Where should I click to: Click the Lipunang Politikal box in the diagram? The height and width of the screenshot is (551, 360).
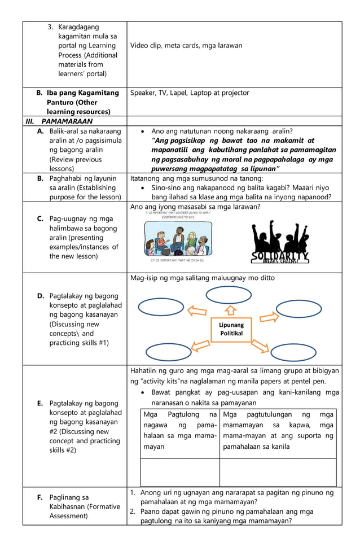click(x=231, y=329)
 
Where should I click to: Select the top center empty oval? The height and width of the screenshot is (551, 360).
click(x=229, y=295)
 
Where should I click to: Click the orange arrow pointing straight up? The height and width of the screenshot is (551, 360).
click(x=230, y=311)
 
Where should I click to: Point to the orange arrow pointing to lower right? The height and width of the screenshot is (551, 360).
click(x=260, y=344)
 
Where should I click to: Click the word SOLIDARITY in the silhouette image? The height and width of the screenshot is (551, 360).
click(x=280, y=257)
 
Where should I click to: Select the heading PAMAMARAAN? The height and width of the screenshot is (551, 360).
click(x=67, y=121)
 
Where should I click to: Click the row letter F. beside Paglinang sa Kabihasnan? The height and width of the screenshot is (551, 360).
click(x=40, y=497)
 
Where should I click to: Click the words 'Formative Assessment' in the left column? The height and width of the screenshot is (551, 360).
click(x=85, y=511)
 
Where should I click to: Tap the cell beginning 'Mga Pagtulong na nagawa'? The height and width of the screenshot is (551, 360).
click(x=180, y=431)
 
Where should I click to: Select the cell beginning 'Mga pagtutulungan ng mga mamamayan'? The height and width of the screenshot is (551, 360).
click(x=278, y=431)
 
